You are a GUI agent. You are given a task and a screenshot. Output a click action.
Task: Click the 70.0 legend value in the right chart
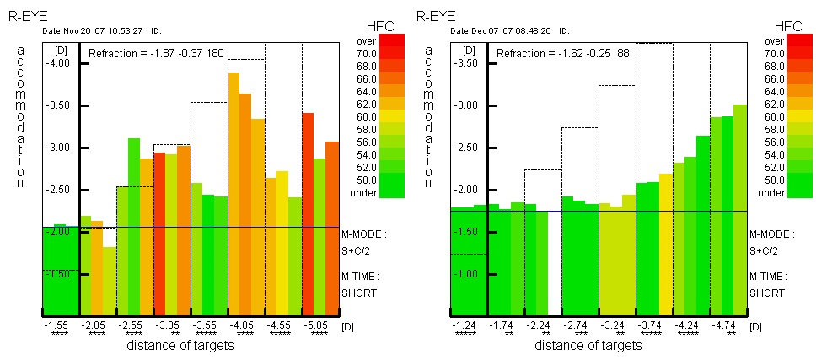pyautogui.click(x=775, y=52)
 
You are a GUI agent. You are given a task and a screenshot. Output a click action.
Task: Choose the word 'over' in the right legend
pyautogui.click(x=775, y=40)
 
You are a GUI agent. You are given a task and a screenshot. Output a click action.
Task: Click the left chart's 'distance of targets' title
pyautogui.click(x=180, y=345)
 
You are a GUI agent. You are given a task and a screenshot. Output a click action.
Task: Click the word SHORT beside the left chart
pyautogui.click(x=358, y=293)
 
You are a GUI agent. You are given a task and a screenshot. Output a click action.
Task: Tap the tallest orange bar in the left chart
pyautogui.click(x=234, y=194)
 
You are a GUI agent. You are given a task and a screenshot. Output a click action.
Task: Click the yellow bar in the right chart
pyautogui.click(x=665, y=244)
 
